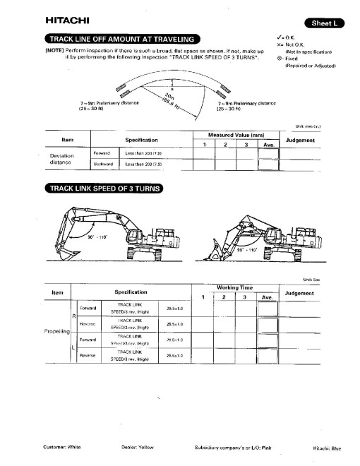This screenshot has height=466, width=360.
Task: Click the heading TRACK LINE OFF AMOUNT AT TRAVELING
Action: point(122,39)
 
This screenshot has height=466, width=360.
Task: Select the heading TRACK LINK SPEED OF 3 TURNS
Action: point(104,188)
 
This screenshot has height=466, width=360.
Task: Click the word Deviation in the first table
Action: point(62,156)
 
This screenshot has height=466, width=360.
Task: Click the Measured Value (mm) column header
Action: point(235,133)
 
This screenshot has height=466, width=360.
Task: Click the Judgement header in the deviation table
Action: point(304,140)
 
